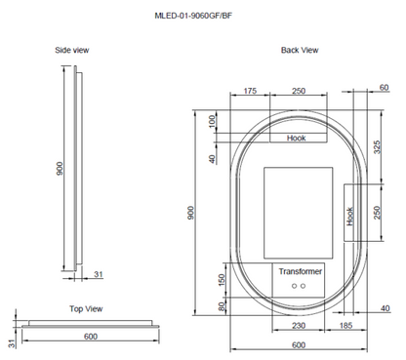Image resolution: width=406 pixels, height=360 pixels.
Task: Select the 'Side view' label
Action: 73,49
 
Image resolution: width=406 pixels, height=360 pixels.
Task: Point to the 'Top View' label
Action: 86,307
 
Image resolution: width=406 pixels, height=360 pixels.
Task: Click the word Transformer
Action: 299,270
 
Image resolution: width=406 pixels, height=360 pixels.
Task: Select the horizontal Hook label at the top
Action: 297,139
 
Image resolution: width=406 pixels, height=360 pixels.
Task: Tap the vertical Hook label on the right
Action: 350,216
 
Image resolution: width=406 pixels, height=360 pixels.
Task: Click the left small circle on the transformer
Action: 293,286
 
